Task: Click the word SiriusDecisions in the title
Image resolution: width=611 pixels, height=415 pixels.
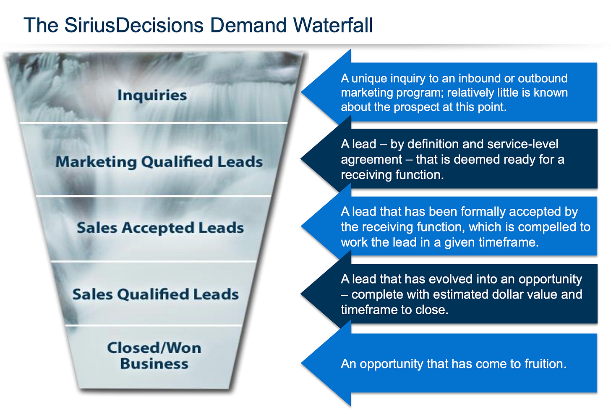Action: pos(134,25)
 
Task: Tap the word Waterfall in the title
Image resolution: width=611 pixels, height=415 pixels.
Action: pos(333,25)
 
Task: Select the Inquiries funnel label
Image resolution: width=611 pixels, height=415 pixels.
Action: pos(152,95)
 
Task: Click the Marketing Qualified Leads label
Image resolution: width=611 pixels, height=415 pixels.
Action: pos(159,162)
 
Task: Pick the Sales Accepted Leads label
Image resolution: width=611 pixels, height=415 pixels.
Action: pos(160,228)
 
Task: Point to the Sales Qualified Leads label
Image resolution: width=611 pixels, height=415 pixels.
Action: pos(155,294)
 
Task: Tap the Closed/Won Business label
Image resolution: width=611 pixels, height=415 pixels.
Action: pos(154,355)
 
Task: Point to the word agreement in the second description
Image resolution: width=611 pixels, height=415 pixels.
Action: pos(371,160)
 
